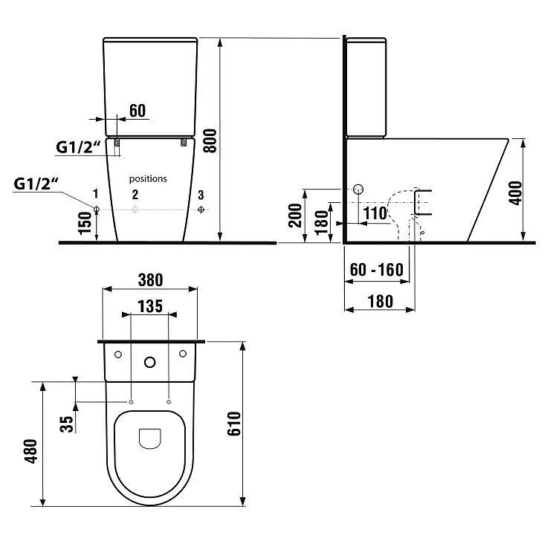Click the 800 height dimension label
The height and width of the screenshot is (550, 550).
(210, 140)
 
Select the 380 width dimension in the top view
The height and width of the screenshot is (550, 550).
(150, 280)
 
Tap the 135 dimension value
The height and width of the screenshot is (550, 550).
(150, 306)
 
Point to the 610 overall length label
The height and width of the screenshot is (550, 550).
(234, 424)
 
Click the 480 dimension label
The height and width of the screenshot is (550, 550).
(30, 451)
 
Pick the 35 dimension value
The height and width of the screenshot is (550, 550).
(67, 424)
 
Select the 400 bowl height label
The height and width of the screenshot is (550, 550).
(515, 193)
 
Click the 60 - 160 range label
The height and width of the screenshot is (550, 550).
(377, 270)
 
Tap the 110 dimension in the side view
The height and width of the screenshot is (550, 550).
(375, 213)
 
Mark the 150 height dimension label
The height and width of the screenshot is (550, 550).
(85, 223)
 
